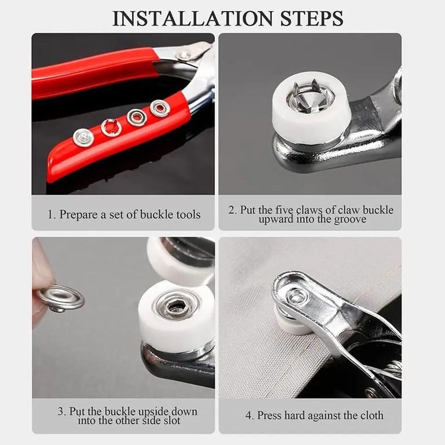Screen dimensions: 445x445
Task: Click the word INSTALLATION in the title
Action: coord(192,19)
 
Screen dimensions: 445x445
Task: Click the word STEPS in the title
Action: coord(312,19)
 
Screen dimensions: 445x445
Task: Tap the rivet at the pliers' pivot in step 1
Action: coord(181,54)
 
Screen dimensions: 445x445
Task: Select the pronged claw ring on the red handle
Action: coord(111,127)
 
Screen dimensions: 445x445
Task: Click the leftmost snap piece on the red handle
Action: coord(83,137)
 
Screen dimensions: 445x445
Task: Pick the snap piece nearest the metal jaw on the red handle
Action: coord(160,108)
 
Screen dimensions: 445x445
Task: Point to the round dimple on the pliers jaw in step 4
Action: coord(296,297)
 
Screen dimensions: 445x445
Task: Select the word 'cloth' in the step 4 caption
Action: coord(371,415)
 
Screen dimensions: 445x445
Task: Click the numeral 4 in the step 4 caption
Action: coord(249,415)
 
